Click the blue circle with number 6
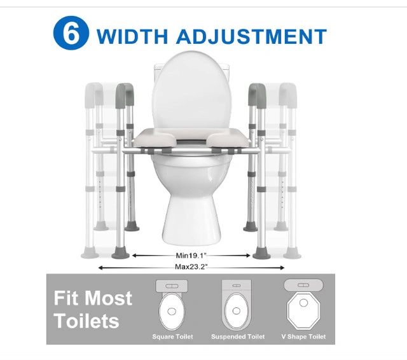point(71,33)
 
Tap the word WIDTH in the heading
point(132,36)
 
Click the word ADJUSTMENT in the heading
point(251,36)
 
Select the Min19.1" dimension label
point(191,256)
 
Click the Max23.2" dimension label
point(191,267)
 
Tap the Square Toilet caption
point(172,336)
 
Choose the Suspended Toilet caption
point(238,336)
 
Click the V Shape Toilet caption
point(303,336)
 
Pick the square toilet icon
point(172,305)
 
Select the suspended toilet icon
point(237,305)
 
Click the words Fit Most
point(93,298)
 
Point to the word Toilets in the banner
point(86,321)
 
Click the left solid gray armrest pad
point(125,95)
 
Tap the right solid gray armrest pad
point(257,95)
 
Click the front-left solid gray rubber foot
point(120,253)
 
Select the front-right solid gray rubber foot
point(261,253)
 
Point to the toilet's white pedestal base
point(191,218)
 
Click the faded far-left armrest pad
point(94,95)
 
